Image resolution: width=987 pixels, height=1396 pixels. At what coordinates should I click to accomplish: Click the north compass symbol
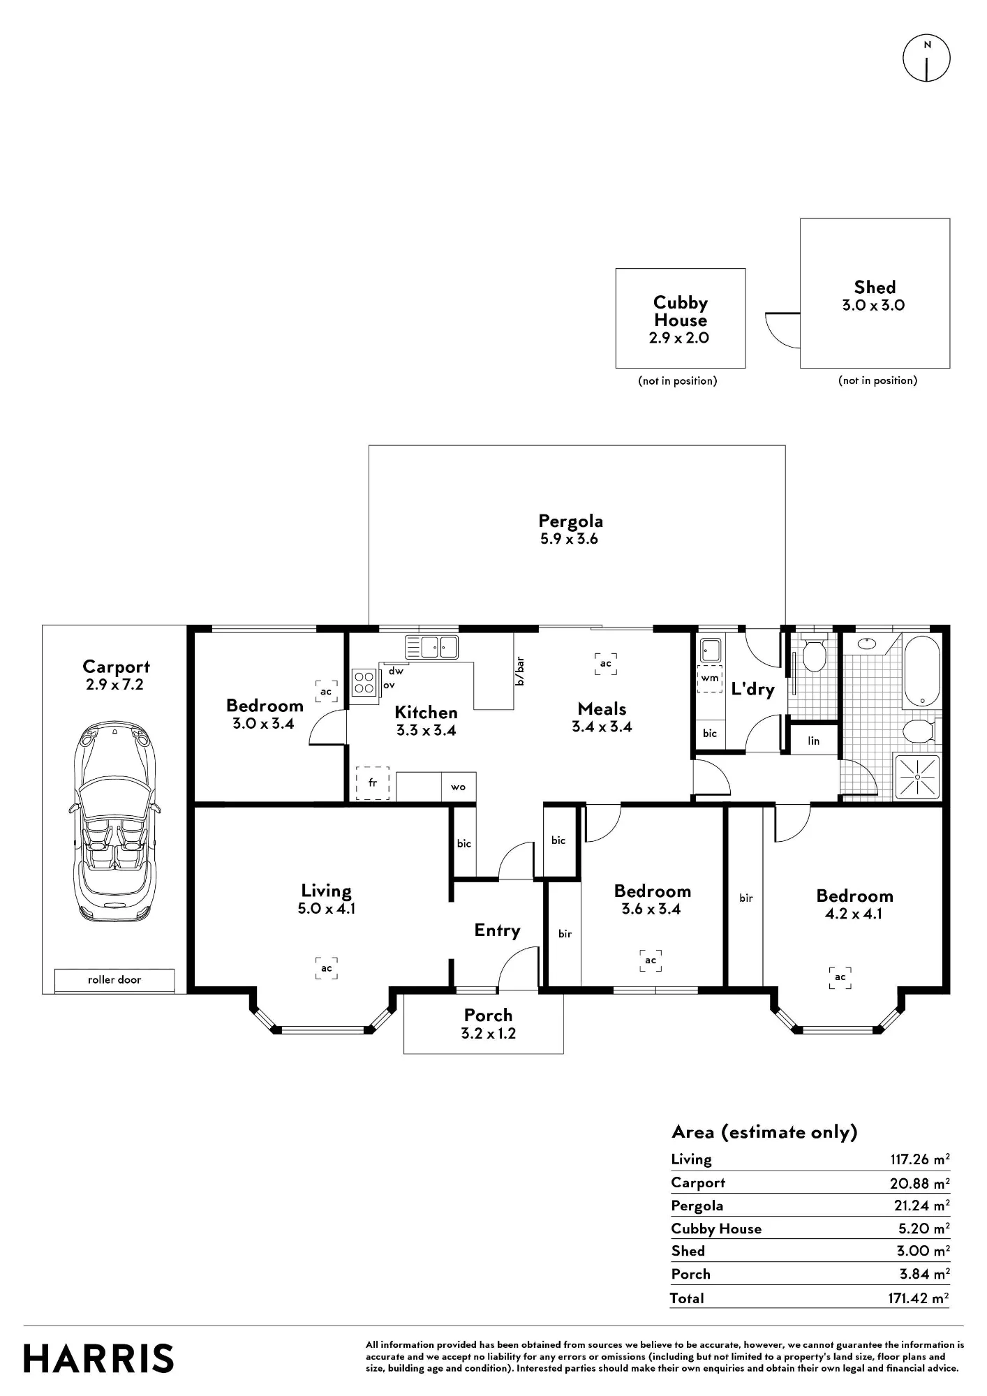pos(927,57)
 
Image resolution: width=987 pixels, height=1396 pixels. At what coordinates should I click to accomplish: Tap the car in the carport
pos(114,822)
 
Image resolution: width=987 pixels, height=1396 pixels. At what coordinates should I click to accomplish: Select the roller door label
pos(114,980)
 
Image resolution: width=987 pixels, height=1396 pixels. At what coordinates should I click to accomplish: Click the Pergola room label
pos(570,521)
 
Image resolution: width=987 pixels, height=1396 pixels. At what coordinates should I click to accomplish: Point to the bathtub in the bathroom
pos(922,671)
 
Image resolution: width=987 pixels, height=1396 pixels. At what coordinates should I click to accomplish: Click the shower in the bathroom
pos(917,777)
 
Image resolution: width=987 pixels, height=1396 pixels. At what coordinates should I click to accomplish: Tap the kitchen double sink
pos(431,647)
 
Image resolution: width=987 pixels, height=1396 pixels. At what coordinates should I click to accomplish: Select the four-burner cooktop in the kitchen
pos(364,682)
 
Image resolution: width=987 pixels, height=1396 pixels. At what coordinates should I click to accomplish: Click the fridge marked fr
pos(373,783)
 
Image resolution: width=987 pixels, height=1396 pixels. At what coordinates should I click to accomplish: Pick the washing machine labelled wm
pos(710,678)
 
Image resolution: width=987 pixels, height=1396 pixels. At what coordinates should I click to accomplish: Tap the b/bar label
pos(519,671)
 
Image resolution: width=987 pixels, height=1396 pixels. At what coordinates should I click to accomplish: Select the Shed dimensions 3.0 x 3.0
pos(873,305)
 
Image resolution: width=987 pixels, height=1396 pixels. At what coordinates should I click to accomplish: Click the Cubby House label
pos(681,311)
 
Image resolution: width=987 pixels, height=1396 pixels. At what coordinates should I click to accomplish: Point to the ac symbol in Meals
pos(605,663)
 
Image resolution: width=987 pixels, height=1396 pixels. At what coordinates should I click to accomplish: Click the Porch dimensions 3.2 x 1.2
pos(488,1034)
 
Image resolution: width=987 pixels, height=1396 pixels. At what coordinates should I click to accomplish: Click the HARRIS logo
pos(98,1359)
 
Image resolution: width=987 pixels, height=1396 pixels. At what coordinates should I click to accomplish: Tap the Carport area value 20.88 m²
pos(919,1183)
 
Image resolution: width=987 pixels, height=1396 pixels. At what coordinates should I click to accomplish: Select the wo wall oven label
pos(458,787)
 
